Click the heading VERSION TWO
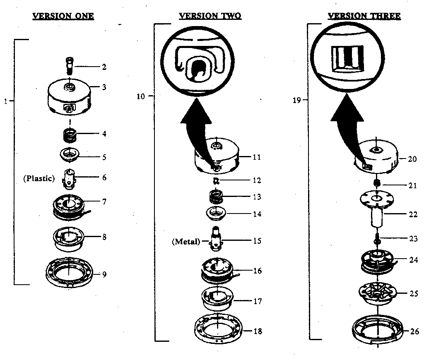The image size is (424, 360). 210,16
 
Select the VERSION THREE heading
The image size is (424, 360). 364,16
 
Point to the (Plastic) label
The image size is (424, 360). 39,178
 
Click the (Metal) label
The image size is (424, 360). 186,241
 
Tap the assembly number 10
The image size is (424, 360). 141,96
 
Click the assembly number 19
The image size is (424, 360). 296,100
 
